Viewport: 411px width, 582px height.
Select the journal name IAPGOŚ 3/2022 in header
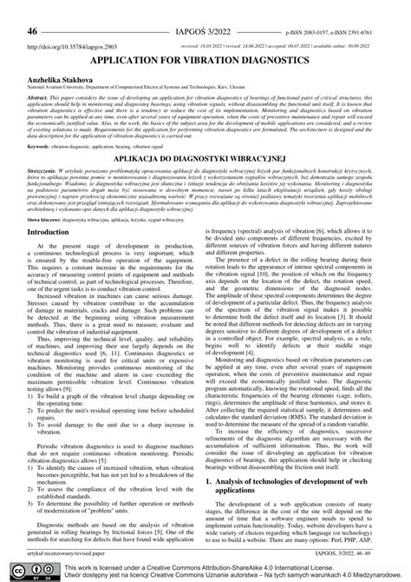pyautogui.click(x=205, y=8)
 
